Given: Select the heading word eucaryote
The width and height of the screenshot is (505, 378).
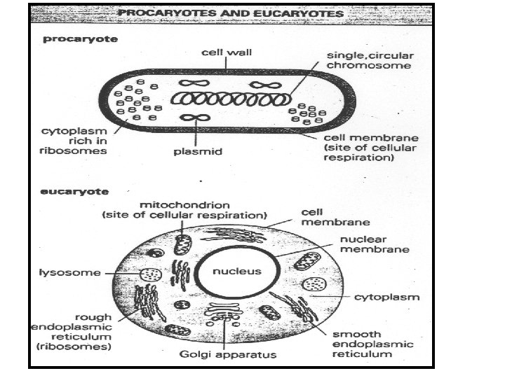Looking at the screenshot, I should coord(72,190).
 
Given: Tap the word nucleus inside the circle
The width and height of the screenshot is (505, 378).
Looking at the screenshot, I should coord(236,271).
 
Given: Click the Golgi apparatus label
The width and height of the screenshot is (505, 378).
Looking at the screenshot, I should coord(228,354).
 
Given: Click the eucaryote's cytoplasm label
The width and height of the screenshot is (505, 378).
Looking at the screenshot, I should coord(386,297).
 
